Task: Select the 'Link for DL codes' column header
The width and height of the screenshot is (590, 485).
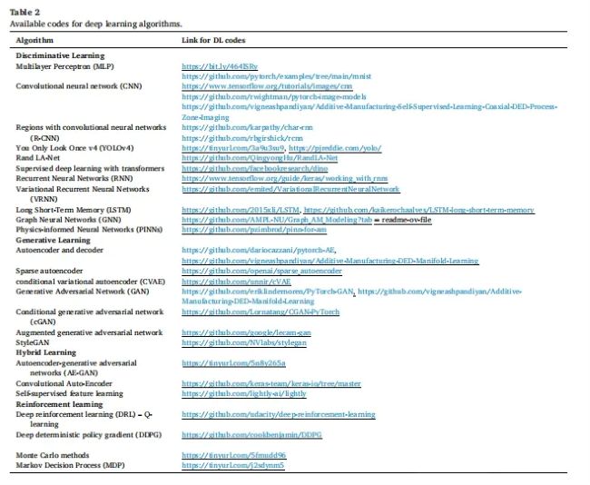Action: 216,41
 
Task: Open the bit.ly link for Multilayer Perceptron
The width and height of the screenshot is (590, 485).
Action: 213,67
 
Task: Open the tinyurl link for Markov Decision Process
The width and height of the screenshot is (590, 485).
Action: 233,465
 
